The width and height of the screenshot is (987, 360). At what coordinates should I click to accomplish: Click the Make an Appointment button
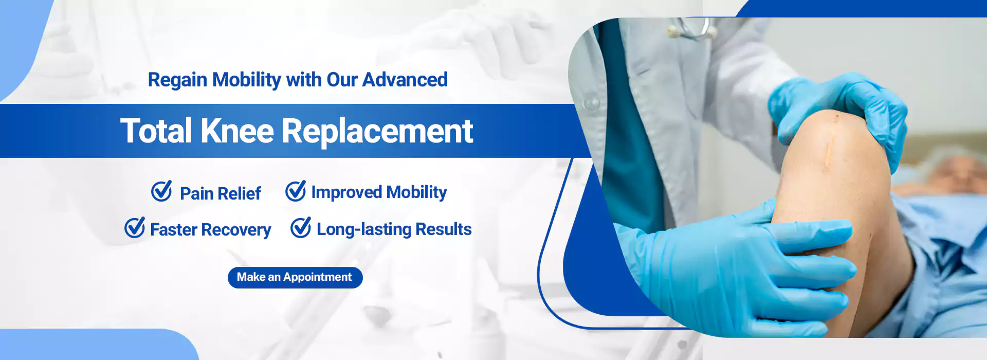tap(295, 277)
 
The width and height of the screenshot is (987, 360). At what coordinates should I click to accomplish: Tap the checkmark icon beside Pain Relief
tap(161, 191)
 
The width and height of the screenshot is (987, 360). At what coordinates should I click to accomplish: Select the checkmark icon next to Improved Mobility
tap(296, 191)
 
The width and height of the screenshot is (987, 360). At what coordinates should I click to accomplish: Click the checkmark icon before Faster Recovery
tap(135, 227)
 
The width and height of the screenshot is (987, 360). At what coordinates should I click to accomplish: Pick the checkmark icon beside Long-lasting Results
tap(301, 227)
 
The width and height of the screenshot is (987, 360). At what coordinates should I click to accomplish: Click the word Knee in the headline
tap(237, 131)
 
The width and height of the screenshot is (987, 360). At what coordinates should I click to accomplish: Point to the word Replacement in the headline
tap(377, 132)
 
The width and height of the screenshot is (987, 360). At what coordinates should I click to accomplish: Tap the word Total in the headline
tap(156, 131)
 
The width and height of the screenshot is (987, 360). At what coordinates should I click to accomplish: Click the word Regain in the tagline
tap(178, 80)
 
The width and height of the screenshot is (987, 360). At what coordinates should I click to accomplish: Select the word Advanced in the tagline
tap(405, 80)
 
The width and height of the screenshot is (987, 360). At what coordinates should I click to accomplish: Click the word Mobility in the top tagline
tap(247, 80)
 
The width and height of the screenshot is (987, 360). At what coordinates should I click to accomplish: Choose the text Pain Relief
tap(221, 193)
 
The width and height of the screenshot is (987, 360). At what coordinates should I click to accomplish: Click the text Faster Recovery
tap(211, 229)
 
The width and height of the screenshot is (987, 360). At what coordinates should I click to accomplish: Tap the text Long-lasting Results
tap(394, 229)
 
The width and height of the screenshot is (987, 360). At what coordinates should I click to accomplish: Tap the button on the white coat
tap(591, 102)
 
